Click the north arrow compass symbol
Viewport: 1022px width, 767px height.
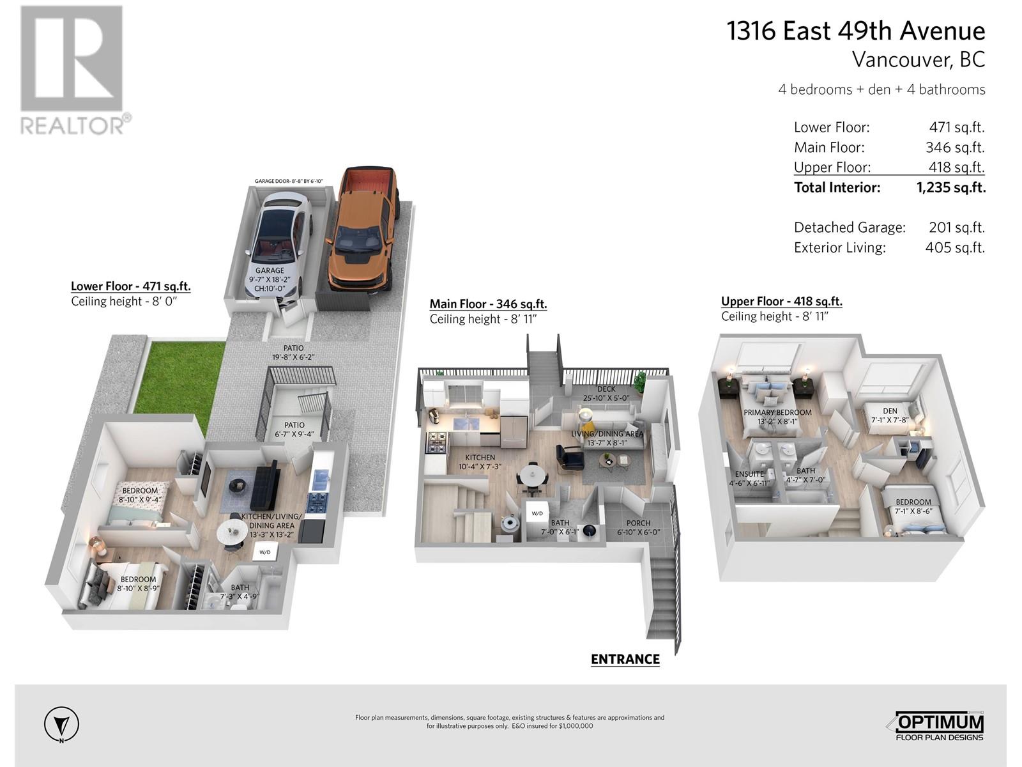tap(62, 725)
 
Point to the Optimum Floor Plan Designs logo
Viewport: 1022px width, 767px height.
tap(937, 726)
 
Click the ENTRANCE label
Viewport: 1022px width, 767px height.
tap(625, 659)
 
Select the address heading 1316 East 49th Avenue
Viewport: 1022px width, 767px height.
tap(856, 31)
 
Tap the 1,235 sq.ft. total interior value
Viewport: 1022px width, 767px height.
tap(950, 187)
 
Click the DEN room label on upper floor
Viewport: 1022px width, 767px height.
tap(890, 411)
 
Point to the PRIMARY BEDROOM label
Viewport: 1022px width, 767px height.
tap(777, 412)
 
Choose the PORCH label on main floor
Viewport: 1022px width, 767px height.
tap(638, 523)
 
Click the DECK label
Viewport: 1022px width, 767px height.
tap(606, 389)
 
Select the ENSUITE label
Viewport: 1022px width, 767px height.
tap(749, 474)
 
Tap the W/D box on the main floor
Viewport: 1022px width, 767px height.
tap(537, 513)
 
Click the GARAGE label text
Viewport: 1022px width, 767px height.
tap(270, 270)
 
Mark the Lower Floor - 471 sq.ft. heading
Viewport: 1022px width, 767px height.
tap(130, 286)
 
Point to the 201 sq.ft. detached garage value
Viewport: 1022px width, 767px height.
tap(956, 227)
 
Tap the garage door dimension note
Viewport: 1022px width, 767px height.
tap(289, 182)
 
